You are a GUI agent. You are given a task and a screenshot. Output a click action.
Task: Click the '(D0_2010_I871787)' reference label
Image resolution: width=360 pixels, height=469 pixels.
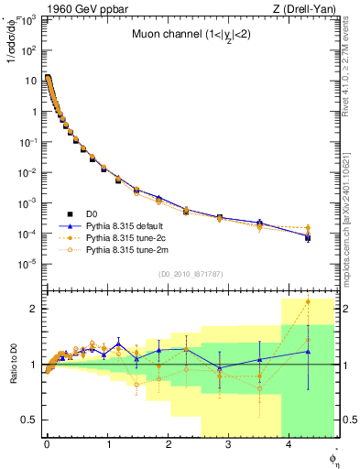click(x=191, y=274)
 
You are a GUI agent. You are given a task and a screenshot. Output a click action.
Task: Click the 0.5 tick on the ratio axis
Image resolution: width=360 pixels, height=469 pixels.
click(x=29, y=420)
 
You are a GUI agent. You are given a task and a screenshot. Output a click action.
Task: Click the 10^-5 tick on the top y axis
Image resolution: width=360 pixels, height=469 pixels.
click(x=27, y=263)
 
